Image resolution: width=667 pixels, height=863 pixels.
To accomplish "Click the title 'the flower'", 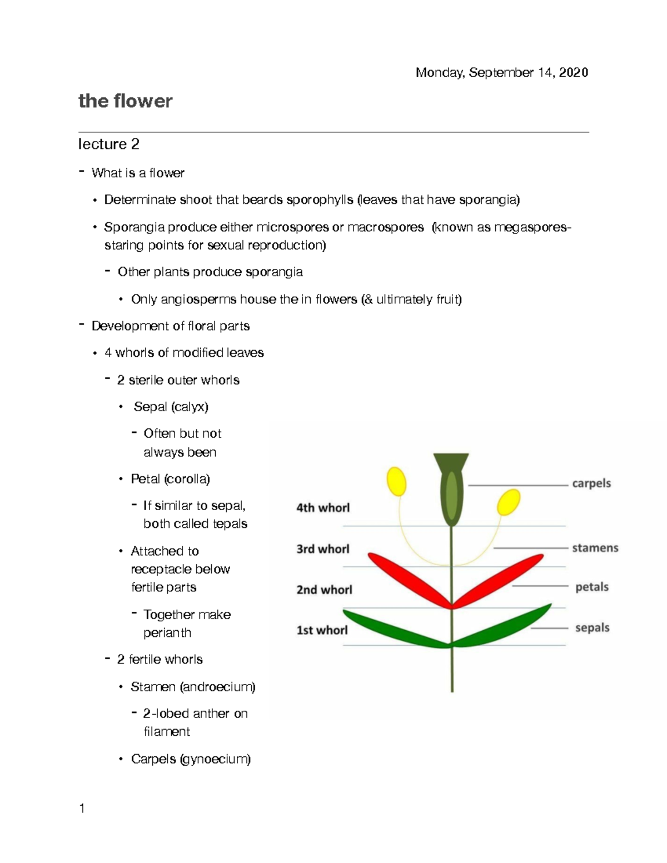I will click(x=125, y=101).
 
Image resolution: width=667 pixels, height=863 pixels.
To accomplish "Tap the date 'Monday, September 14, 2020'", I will click(x=501, y=73).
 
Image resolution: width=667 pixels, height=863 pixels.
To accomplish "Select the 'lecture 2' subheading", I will click(x=108, y=144).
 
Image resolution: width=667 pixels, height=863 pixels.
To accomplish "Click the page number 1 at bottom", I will click(x=82, y=809).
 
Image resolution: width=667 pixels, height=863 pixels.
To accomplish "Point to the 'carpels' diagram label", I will click(x=591, y=483).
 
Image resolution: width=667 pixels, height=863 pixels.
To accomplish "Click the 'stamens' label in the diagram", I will click(x=595, y=548).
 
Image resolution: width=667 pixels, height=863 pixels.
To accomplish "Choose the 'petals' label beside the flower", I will click(x=591, y=587).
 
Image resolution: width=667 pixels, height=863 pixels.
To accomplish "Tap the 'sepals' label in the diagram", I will click(x=592, y=627).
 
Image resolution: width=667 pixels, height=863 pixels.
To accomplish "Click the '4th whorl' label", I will click(x=323, y=507).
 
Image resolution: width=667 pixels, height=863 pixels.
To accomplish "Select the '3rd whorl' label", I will click(x=323, y=549).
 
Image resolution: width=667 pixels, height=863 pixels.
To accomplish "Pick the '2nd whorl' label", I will click(x=324, y=590).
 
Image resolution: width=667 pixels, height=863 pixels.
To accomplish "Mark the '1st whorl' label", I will click(x=322, y=630).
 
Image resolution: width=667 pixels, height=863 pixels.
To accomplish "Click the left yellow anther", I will click(x=396, y=481).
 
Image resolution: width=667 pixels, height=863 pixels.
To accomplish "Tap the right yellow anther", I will click(x=508, y=502).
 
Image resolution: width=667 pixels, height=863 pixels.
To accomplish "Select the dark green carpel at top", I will click(x=451, y=489).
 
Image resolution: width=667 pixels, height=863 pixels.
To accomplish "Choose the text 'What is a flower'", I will click(x=138, y=173).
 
